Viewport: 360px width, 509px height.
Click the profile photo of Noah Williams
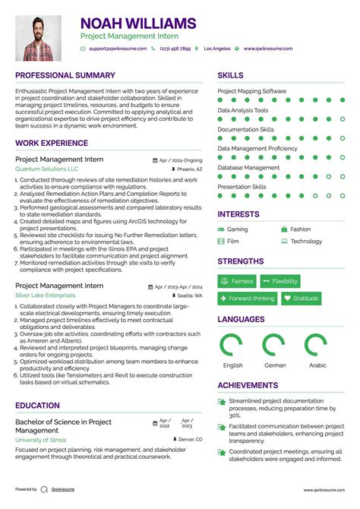click(39, 38)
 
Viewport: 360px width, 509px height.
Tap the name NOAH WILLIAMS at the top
click(137, 24)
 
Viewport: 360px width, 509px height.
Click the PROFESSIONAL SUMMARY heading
click(65, 76)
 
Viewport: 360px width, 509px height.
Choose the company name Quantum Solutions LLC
click(46, 169)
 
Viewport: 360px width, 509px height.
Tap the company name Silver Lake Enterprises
click(46, 295)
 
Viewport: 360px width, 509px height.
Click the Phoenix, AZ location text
click(189, 169)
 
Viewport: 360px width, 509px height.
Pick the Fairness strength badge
click(237, 281)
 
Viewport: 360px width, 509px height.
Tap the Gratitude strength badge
click(301, 299)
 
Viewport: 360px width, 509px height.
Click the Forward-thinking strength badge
click(247, 299)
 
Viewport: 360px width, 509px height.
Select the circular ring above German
click(274, 346)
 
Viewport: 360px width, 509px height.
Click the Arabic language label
click(317, 365)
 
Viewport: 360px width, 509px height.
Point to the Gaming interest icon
click(221, 229)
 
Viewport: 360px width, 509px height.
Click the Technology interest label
click(306, 242)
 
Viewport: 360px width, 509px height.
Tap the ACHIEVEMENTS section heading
click(248, 386)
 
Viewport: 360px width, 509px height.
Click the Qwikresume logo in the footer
click(46, 490)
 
